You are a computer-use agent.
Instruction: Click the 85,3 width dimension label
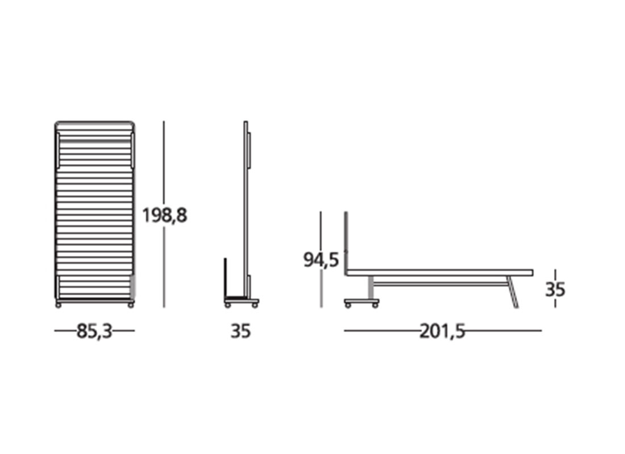(x=94, y=331)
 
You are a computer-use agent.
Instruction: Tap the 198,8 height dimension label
(x=165, y=216)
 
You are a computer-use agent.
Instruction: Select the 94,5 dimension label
(x=321, y=260)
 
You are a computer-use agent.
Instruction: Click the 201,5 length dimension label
(x=443, y=331)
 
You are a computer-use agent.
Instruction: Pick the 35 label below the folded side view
(x=240, y=331)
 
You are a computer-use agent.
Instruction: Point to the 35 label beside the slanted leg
(x=555, y=289)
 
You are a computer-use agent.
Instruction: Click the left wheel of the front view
(x=59, y=305)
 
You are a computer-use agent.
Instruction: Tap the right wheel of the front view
(x=130, y=305)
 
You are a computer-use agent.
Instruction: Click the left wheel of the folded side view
(x=228, y=305)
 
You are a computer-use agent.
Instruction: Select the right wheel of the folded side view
(x=255, y=305)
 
